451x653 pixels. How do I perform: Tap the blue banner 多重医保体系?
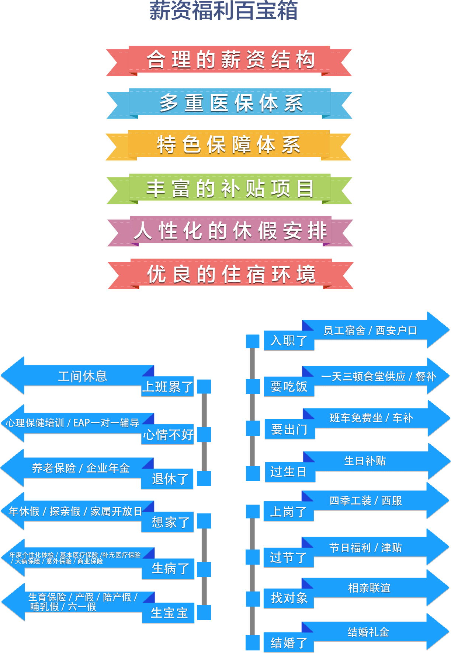click(x=230, y=103)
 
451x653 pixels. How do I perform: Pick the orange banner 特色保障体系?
click(x=229, y=144)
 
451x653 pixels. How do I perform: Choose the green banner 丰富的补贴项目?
click(x=230, y=188)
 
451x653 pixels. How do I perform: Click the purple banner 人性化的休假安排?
click(x=230, y=231)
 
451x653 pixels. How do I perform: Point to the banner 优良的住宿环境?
click(x=231, y=274)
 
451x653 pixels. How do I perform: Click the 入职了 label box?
click(x=289, y=341)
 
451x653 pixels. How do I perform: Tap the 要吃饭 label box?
click(x=289, y=387)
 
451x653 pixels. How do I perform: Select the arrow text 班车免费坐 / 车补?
click(x=371, y=418)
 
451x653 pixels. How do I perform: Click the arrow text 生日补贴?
click(x=365, y=461)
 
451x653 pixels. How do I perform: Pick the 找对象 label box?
click(x=289, y=598)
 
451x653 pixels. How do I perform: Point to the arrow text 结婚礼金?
click(x=368, y=632)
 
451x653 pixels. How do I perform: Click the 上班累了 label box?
click(x=168, y=387)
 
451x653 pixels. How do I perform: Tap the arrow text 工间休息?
click(x=83, y=376)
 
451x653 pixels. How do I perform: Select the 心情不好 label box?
click(x=168, y=435)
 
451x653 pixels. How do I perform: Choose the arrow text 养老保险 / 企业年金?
click(x=81, y=468)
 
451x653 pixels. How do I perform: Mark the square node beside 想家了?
click(x=204, y=521)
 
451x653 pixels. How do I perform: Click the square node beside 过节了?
click(x=253, y=557)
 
